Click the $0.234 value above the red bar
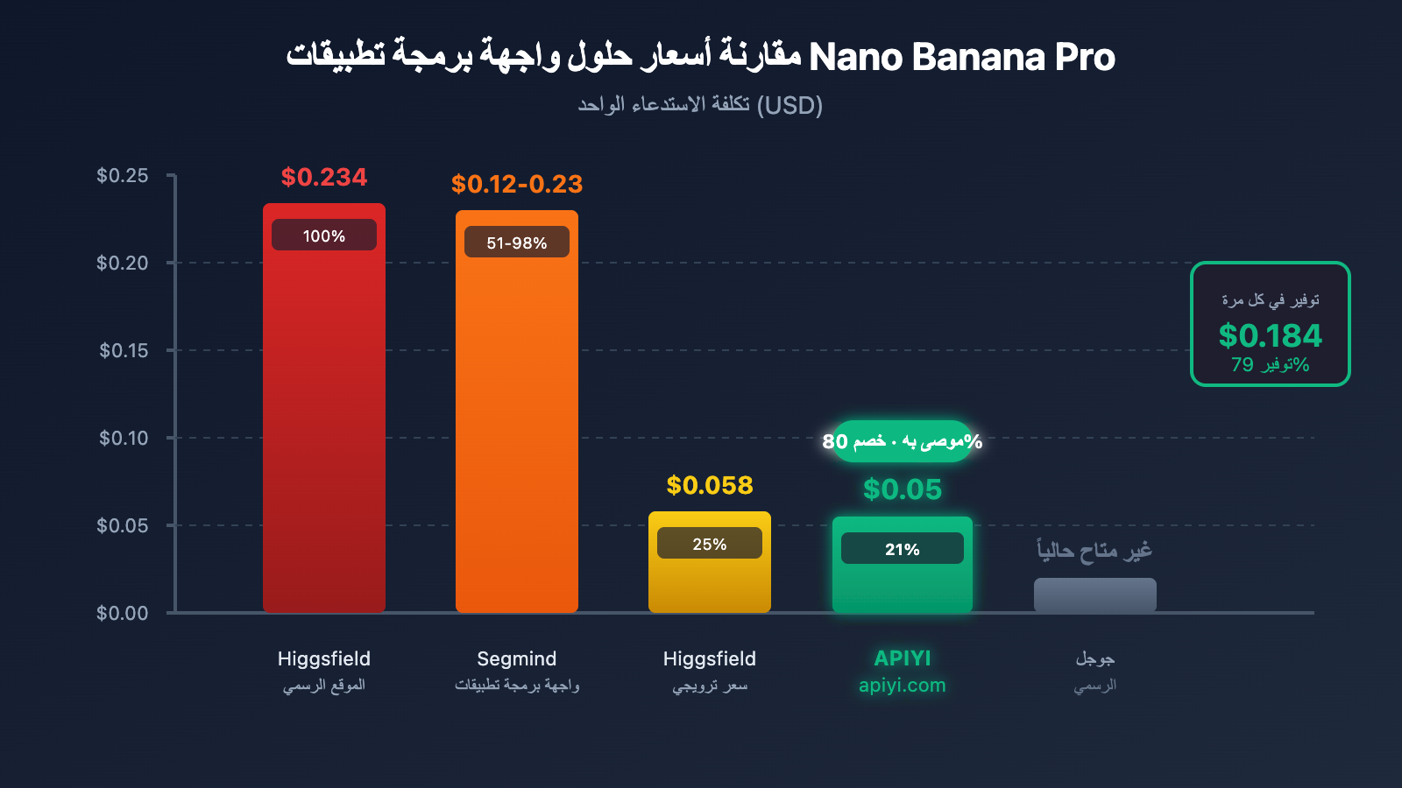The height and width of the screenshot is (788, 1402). coord(324,177)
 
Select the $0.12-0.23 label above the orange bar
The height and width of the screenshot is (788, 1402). coord(517,184)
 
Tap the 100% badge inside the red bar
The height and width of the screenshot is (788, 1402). coord(324,236)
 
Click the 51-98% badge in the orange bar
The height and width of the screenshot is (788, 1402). coord(517,243)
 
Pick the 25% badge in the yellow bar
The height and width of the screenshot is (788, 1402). coord(710,544)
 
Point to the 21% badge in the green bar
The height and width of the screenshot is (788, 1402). coord(903,549)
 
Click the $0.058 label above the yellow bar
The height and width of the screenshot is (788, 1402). coord(710,485)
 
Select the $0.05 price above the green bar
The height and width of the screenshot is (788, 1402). coord(903,489)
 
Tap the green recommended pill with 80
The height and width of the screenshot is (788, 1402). coord(903,441)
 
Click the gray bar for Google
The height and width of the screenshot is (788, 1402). coord(1095,595)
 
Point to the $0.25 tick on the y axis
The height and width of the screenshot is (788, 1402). coord(123,175)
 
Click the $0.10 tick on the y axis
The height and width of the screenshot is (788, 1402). coord(123,438)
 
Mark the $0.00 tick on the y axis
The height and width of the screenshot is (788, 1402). coord(123,613)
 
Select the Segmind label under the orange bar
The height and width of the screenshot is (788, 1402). coord(517,658)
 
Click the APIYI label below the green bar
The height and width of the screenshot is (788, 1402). coord(903,658)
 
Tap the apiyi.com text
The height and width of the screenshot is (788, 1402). coord(903,686)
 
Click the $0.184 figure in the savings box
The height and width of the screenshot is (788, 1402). coord(1271,335)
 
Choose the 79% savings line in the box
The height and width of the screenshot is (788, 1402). coord(1271,364)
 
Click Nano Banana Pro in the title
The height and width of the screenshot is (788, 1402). coord(962,57)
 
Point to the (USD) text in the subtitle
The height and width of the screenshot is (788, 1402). coord(790,105)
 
